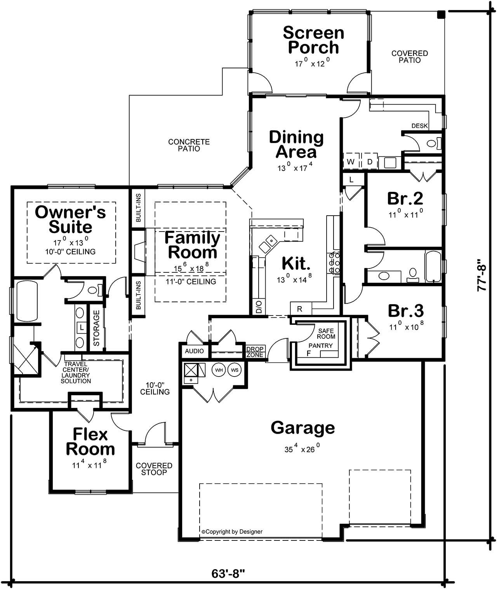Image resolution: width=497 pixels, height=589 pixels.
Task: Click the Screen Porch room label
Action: (313, 40)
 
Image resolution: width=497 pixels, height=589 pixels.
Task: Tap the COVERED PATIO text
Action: (409, 57)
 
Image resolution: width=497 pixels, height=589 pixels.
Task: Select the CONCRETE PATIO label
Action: (189, 145)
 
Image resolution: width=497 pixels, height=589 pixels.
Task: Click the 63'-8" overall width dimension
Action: (228, 573)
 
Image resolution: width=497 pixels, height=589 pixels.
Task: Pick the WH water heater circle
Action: (219, 370)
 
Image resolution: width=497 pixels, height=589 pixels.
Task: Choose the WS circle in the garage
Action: (235, 370)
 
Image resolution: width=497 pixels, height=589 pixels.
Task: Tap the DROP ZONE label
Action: (255, 352)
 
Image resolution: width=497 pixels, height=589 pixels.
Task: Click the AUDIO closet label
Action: (194, 351)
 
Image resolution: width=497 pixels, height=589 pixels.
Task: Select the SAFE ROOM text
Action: (326, 334)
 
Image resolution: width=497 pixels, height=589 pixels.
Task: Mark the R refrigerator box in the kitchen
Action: (300, 309)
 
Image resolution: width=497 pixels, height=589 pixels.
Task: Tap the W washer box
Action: (351, 162)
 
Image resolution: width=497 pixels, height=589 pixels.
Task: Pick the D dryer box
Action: (370, 162)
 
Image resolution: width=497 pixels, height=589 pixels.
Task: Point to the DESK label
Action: (419, 126)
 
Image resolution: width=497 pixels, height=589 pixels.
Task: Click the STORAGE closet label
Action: (97, 328)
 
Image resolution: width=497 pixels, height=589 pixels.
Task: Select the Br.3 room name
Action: (406, 311)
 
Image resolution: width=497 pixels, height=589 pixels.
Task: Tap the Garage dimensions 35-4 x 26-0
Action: (302, 449)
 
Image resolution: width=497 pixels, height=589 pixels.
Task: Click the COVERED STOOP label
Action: (154, 469)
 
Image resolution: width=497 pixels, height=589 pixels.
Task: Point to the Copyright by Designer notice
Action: (232, 531)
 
